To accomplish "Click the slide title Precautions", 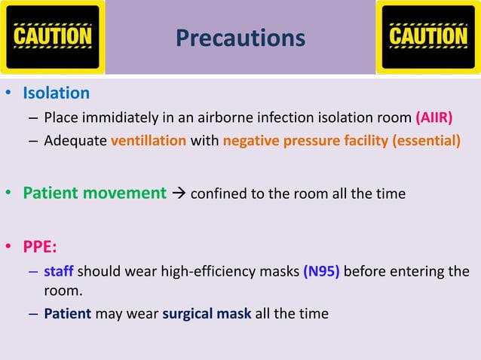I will [240, 38].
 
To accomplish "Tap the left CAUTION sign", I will [52, 37].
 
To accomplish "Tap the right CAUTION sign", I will [427, 37].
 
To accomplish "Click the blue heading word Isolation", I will [56, 93].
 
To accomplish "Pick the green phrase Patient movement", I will [94, 194].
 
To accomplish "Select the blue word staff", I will [58, 272].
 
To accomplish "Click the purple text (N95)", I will [323, 272].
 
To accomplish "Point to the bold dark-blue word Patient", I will [67, 313].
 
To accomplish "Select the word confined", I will [219, 194].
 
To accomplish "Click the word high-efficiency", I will [176, 272].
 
